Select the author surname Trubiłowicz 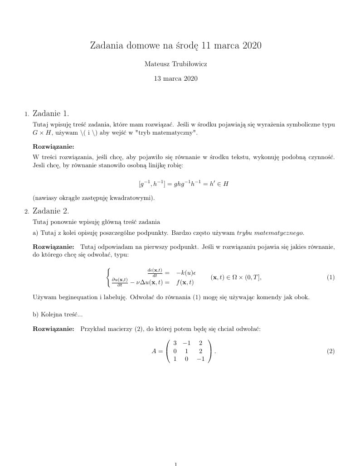187,64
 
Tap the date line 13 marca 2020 176,78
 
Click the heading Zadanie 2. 51,211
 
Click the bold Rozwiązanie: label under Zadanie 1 54,146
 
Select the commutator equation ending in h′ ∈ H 181,184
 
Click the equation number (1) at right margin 331,277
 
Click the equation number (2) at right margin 331,351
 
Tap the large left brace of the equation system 108,277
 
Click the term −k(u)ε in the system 185,273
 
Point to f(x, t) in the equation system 185,282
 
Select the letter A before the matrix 154,351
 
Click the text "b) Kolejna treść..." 58,314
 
